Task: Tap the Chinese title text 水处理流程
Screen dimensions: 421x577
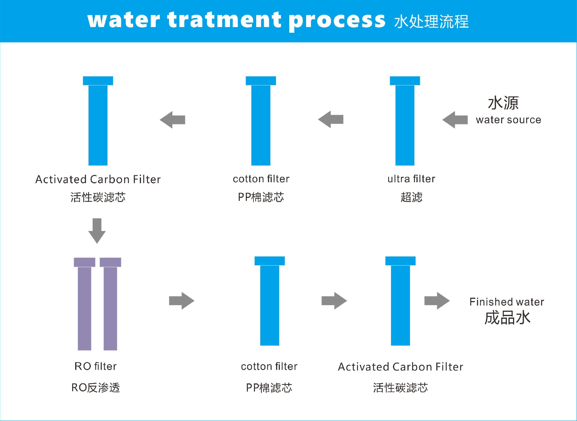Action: [431, 22]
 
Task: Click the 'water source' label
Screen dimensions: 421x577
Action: [508, 120]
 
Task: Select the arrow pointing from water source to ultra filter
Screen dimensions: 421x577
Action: [455, 120]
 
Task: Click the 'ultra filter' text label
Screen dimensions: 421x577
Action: [411, 179]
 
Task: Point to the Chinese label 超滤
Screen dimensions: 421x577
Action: [411, 197]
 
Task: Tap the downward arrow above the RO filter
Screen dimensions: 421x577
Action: [97, 231]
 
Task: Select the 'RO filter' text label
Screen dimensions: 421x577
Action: [95, 366]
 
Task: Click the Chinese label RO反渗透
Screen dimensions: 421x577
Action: [95, 388]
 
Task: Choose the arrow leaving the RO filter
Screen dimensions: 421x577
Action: [182, 301]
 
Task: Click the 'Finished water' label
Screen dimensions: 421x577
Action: [507, 302]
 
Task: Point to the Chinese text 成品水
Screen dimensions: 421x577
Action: [507, 318]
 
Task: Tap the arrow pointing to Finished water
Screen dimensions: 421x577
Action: [437, 301]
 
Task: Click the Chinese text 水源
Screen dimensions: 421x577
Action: [503, 103]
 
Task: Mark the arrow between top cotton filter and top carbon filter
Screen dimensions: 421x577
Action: [172, 120]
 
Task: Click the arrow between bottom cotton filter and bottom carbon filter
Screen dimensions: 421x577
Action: [334, 301]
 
